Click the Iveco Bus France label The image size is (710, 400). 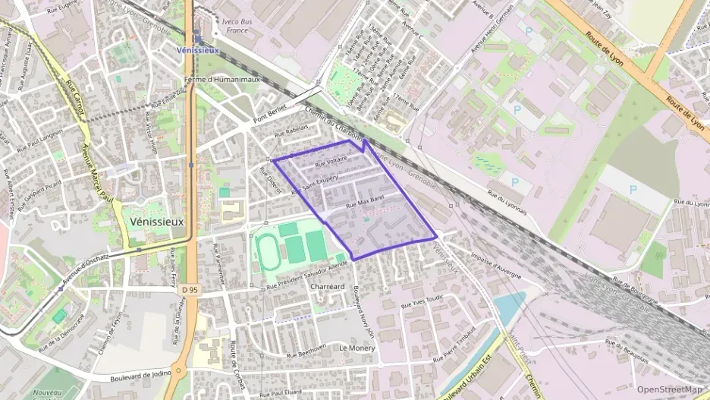point(237,26)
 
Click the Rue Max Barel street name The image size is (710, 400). point(365,202)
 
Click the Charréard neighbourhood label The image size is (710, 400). point(328,286)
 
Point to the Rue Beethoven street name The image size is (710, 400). point(306,351)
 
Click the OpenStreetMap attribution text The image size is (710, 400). point(670,389)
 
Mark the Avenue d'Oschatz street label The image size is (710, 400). point(86,267)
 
